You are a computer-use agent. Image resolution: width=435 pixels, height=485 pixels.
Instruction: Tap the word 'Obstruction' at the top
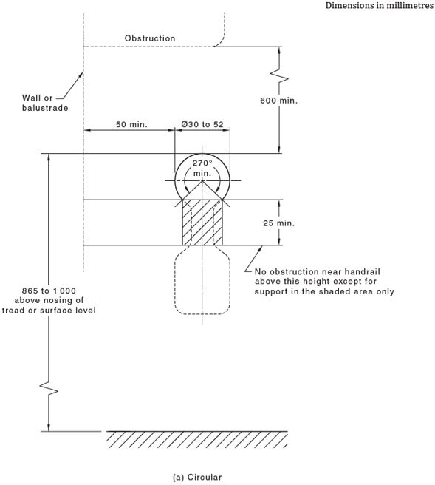click(150, 38)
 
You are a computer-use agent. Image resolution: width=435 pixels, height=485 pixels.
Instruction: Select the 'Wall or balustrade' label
click(45, 102)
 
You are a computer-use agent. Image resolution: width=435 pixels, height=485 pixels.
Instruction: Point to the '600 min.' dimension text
click(279, 101)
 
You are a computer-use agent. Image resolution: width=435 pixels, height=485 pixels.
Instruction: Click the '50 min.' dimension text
click(131, 124)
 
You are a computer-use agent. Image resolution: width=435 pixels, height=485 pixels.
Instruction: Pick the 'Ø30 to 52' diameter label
click(202, 124)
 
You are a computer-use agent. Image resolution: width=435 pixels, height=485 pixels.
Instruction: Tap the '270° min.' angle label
click(202, 168)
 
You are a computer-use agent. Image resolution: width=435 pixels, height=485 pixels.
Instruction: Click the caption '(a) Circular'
click(197, 477)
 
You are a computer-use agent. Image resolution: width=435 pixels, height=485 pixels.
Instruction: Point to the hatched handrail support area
click(202, 226)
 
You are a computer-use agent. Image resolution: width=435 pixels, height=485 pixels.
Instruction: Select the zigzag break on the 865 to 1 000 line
click(49, 389)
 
